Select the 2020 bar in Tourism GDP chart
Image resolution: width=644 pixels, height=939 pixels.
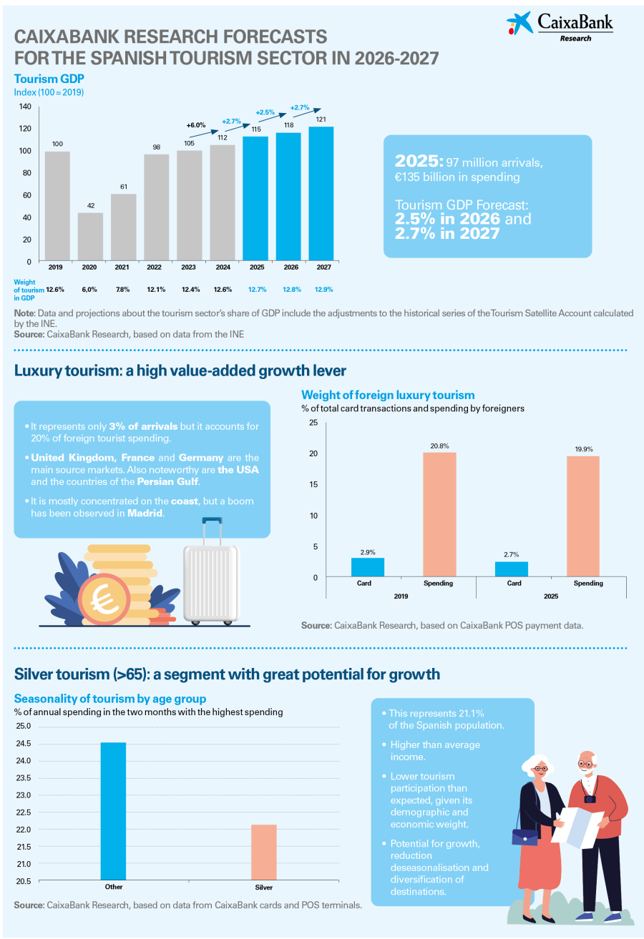(x=90, y=236)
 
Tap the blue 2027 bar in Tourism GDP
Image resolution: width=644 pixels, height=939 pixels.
(x=321, y=193)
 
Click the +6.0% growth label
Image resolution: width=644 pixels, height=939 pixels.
(x=195, y=125)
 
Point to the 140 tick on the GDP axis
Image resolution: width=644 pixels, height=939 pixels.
(x=25, y=107)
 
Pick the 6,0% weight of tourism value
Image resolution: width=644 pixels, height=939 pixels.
(x=89, y=290)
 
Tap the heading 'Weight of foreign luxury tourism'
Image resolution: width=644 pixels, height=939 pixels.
(x=388, y=395)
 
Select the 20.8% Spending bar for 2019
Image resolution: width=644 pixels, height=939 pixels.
(x=439, y=514)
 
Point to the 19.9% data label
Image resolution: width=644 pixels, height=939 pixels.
(x=582, y=449)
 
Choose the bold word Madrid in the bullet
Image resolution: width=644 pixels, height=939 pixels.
(x=145, y=513)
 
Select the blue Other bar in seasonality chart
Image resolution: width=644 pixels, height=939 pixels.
(x=113, y=811)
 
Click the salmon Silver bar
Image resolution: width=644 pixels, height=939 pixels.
(x=263, y=852)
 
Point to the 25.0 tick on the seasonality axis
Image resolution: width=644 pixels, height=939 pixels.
(x=24, y=727)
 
